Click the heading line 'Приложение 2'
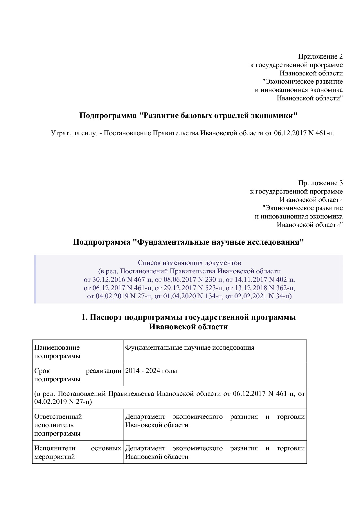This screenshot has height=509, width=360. [x=320, y=56]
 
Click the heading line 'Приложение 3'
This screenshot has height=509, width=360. [x=320, y=183]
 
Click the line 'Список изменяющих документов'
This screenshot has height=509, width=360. [x=189, y=263]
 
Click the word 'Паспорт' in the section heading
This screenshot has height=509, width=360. [x=106, y=317]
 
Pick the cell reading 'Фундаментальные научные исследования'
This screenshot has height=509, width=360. [x=190, y=348]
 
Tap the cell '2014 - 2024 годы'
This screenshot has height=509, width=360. [x=151, y=371]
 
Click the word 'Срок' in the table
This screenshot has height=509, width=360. [x=42, y=371]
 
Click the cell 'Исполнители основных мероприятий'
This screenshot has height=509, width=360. [x=78, y=452]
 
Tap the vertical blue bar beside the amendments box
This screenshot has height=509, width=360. [x=35, y=279]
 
